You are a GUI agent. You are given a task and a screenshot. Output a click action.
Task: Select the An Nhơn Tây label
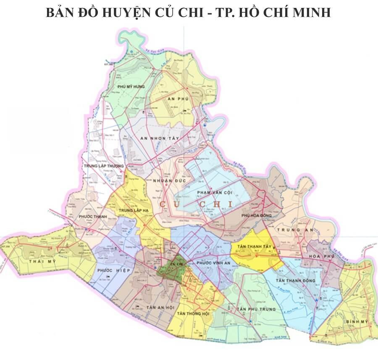pyautogui.click(x=160, y=138)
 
